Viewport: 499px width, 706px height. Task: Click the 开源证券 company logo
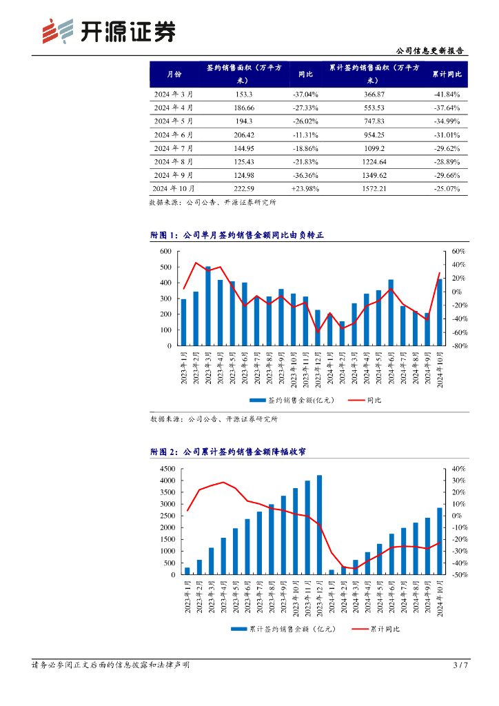(x=108, y=31)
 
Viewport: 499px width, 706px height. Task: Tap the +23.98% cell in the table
(x=305, y=188)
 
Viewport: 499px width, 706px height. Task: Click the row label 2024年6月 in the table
(x=173, y=134)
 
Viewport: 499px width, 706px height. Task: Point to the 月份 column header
(x=174, y=74)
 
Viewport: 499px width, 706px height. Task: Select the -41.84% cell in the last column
(x=447, y=94)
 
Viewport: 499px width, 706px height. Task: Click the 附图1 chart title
(x=236, y=236)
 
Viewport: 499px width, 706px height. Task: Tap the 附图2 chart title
(x=228, y=452)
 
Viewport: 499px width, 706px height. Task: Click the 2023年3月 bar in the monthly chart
(x=208, y=306)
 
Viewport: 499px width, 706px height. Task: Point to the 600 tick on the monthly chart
(x=165, y=251)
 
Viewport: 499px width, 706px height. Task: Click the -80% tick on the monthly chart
(x=460, y=346)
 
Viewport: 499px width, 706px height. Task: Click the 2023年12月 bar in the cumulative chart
(x=319, y=525)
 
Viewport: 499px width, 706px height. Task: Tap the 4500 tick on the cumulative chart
(x=167, y=469)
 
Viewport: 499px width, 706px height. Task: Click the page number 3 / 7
(x=460, y=665)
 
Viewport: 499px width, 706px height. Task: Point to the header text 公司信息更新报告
(x=431, y=50)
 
